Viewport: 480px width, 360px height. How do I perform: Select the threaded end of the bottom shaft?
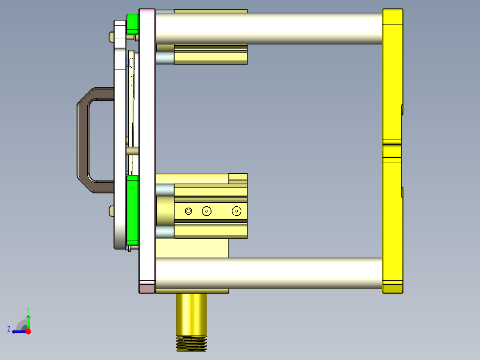click(x=191, y=344)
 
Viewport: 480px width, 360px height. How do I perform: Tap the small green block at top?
click(x=133, y=24)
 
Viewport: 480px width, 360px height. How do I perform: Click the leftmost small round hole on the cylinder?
click(x=188, y=211)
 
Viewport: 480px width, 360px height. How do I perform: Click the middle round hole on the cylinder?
click(x=206, y=211)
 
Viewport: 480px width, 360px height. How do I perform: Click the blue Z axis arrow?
click(x=18, y=331)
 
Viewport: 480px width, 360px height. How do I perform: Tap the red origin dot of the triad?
click(x=28, y=331)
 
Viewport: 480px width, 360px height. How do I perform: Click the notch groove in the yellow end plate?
click(x=392, y=144)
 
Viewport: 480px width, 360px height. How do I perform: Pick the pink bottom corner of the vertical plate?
click(x=147, y=287)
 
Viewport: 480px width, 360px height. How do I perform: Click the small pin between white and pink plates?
click(x=132, y=151)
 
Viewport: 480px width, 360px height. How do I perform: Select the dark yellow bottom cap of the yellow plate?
click(x=392, y=288)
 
